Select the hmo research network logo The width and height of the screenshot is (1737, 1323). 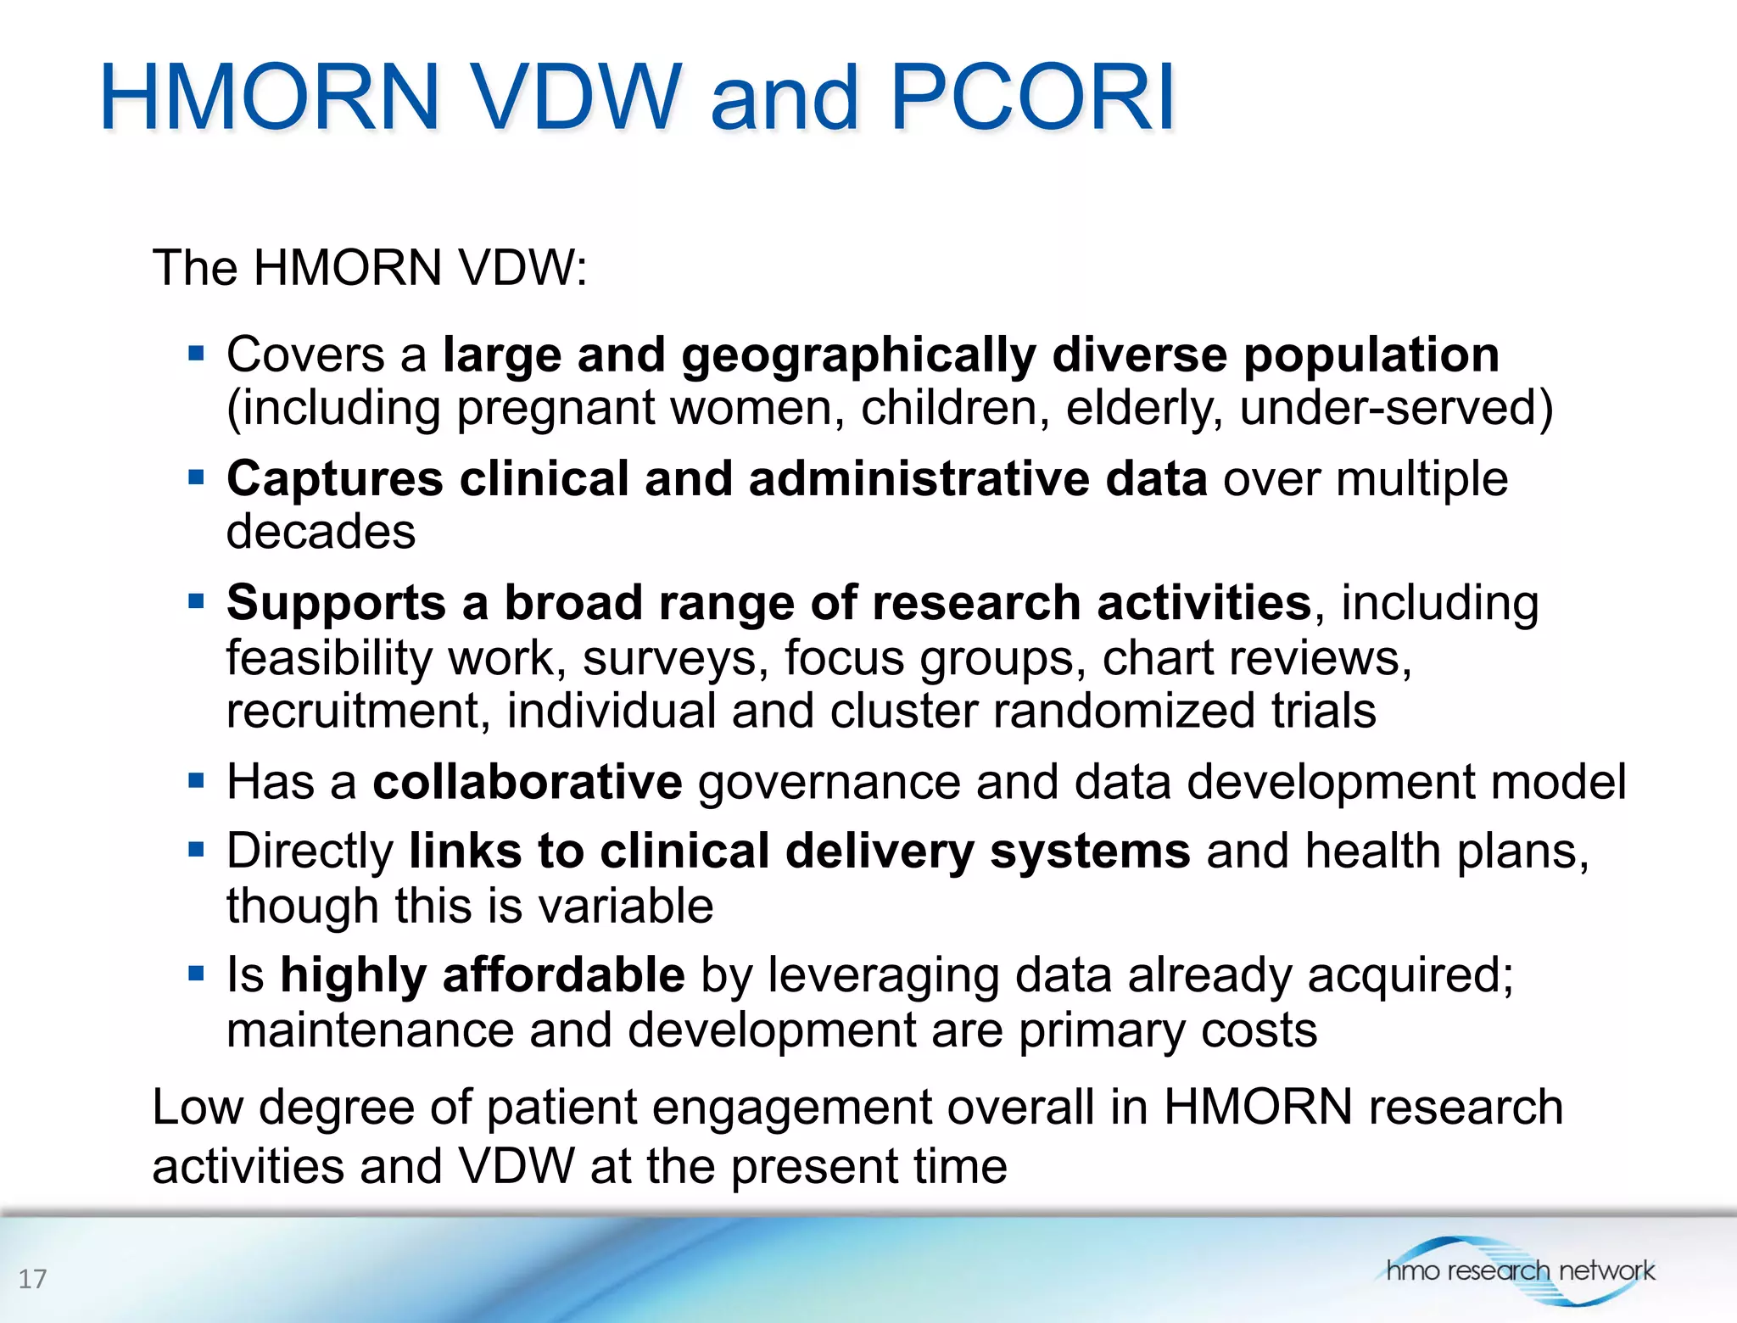pyautogui.click(x=1518, y=1270)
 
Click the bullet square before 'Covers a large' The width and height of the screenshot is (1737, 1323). pyautogui.click(x=197, y=353)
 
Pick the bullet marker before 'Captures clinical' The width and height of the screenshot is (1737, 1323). pyautogui.click(x=197, y=477)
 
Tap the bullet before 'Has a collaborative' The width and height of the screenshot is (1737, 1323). pyautogui.click(x=197, y=780)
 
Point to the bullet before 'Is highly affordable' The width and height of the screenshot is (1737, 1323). pyautogui.click(x=197, y=974)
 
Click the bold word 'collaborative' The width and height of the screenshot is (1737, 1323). pyautogui.click(x=527, y=781)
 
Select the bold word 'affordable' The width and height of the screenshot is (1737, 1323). pyautogui.click(x=563, y=974)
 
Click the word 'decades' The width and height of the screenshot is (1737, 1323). pyautogui.click(x=321, y=532)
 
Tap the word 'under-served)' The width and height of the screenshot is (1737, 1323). pyautogui.click(x=1396, y=408)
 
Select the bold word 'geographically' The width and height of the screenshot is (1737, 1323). pyautogui.click(x=858, y=355)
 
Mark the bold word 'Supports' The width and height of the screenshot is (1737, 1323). pyautogui.click(x=336, y=604)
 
